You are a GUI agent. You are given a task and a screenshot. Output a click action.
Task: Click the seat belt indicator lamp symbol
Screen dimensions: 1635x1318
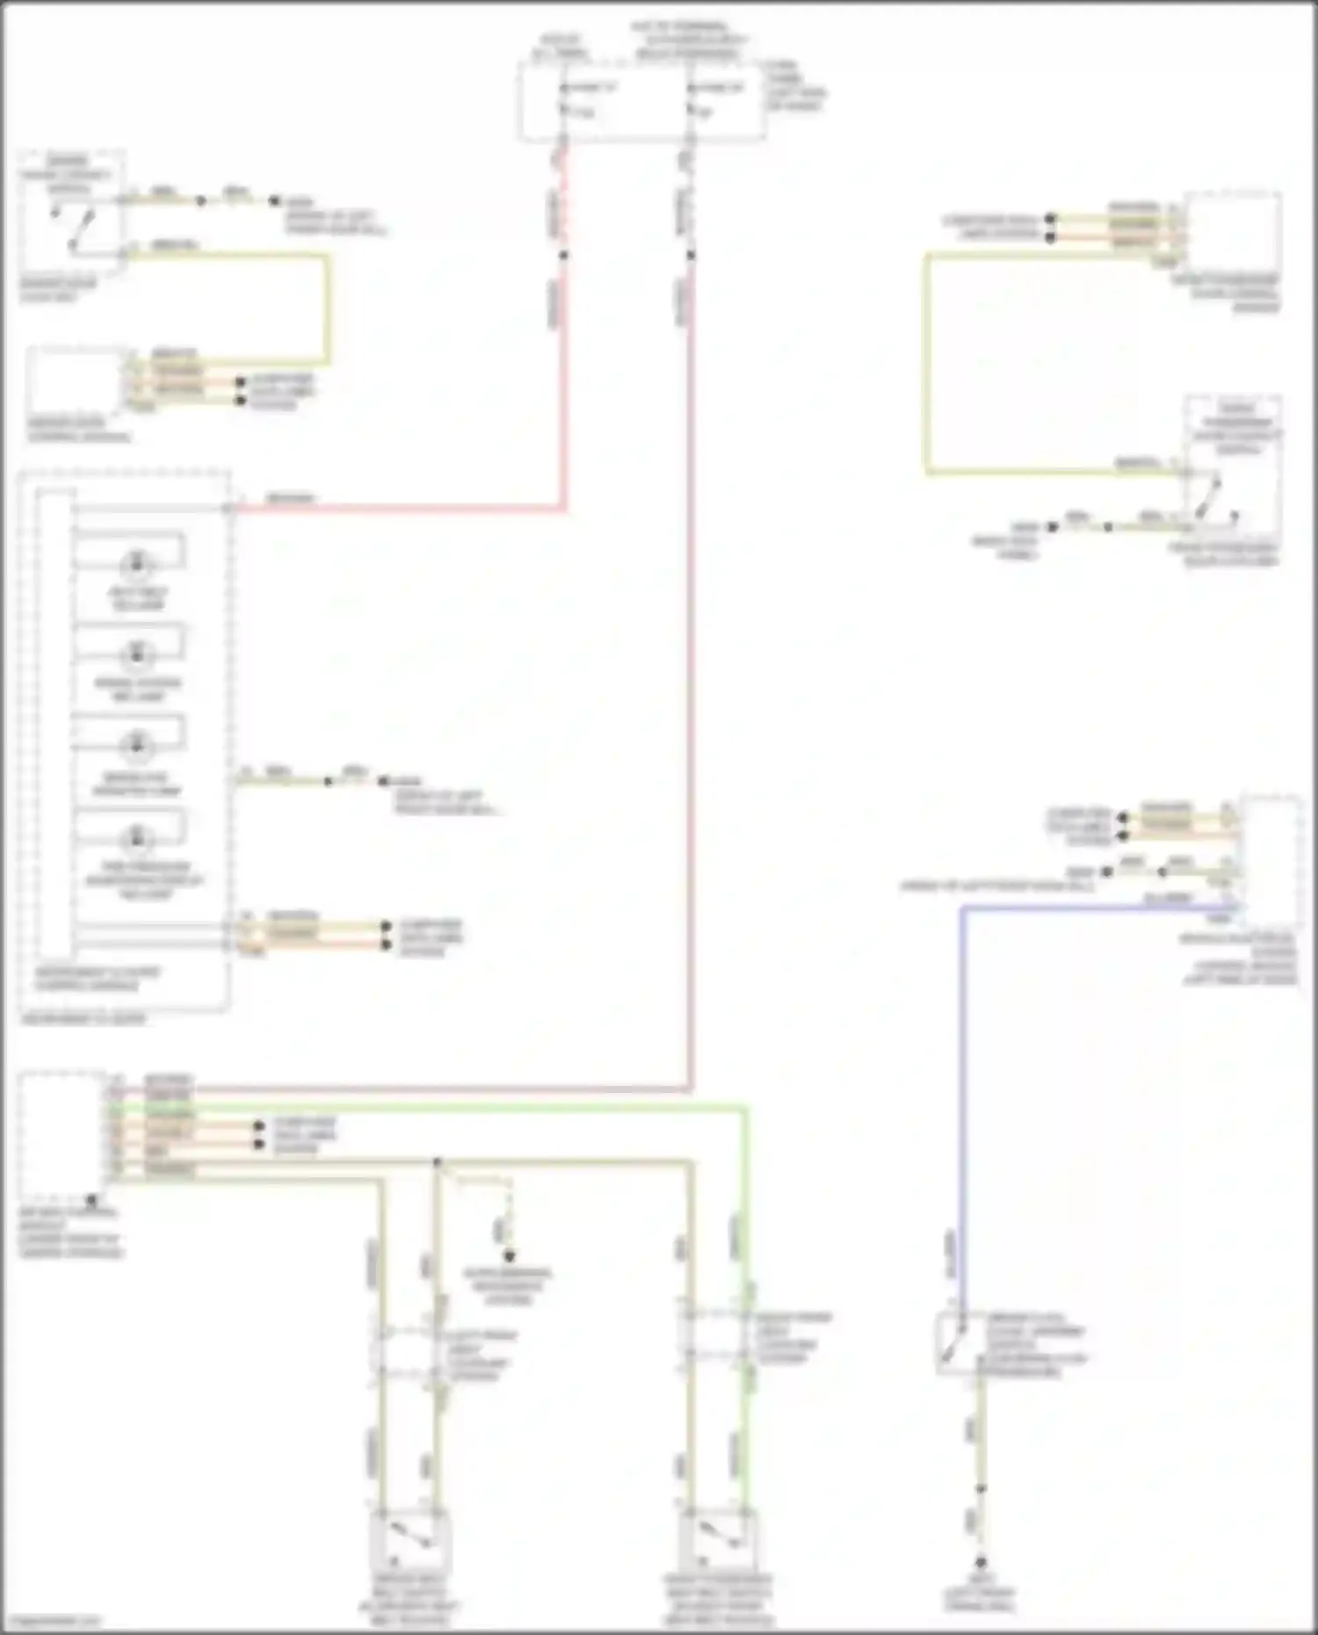136,563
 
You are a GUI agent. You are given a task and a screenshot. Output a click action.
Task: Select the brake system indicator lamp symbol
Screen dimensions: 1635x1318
136,654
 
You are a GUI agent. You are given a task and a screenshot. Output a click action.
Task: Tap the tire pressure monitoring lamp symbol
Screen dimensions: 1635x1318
136,838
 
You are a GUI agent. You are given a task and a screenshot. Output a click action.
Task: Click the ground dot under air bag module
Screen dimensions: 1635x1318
91,1198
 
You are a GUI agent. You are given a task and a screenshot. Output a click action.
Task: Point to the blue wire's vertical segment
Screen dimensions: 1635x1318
961,1098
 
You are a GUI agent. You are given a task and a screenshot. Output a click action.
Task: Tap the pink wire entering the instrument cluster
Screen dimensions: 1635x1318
395,508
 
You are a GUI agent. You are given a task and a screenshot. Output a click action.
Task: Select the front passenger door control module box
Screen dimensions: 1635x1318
1233,231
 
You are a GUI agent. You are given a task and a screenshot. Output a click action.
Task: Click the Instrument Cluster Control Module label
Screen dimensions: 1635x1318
97,979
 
